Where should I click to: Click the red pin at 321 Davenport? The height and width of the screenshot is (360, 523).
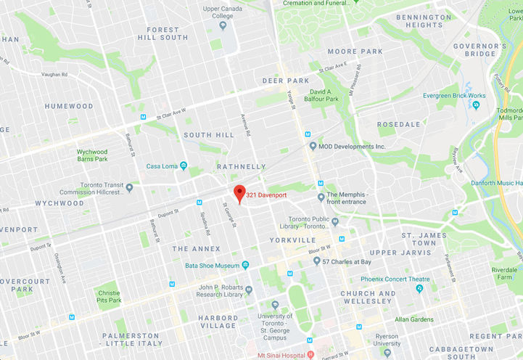pyautogui.click(x=239, y=193)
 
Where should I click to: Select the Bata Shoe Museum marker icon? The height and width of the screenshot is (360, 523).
pyautogui.click(x=245, y=266)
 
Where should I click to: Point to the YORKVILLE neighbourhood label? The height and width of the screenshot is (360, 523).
pyautogui.click(x=291, y=240)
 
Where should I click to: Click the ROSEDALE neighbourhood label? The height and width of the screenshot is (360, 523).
pyautogui.click(x=399, y=124)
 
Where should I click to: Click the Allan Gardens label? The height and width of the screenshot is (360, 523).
pyautogui.click(x=414, y=319)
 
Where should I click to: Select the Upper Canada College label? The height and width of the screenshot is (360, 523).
pyautogui.click(x=223, y=12)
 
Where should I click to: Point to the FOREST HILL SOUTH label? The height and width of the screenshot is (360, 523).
pyautogui.click(x=167, y=33)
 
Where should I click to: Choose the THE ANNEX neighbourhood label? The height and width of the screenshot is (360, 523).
pyautogui.click(x=191, y=249)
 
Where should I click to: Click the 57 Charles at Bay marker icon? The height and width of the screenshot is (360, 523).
pyautogui.click(x=317, y=261)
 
